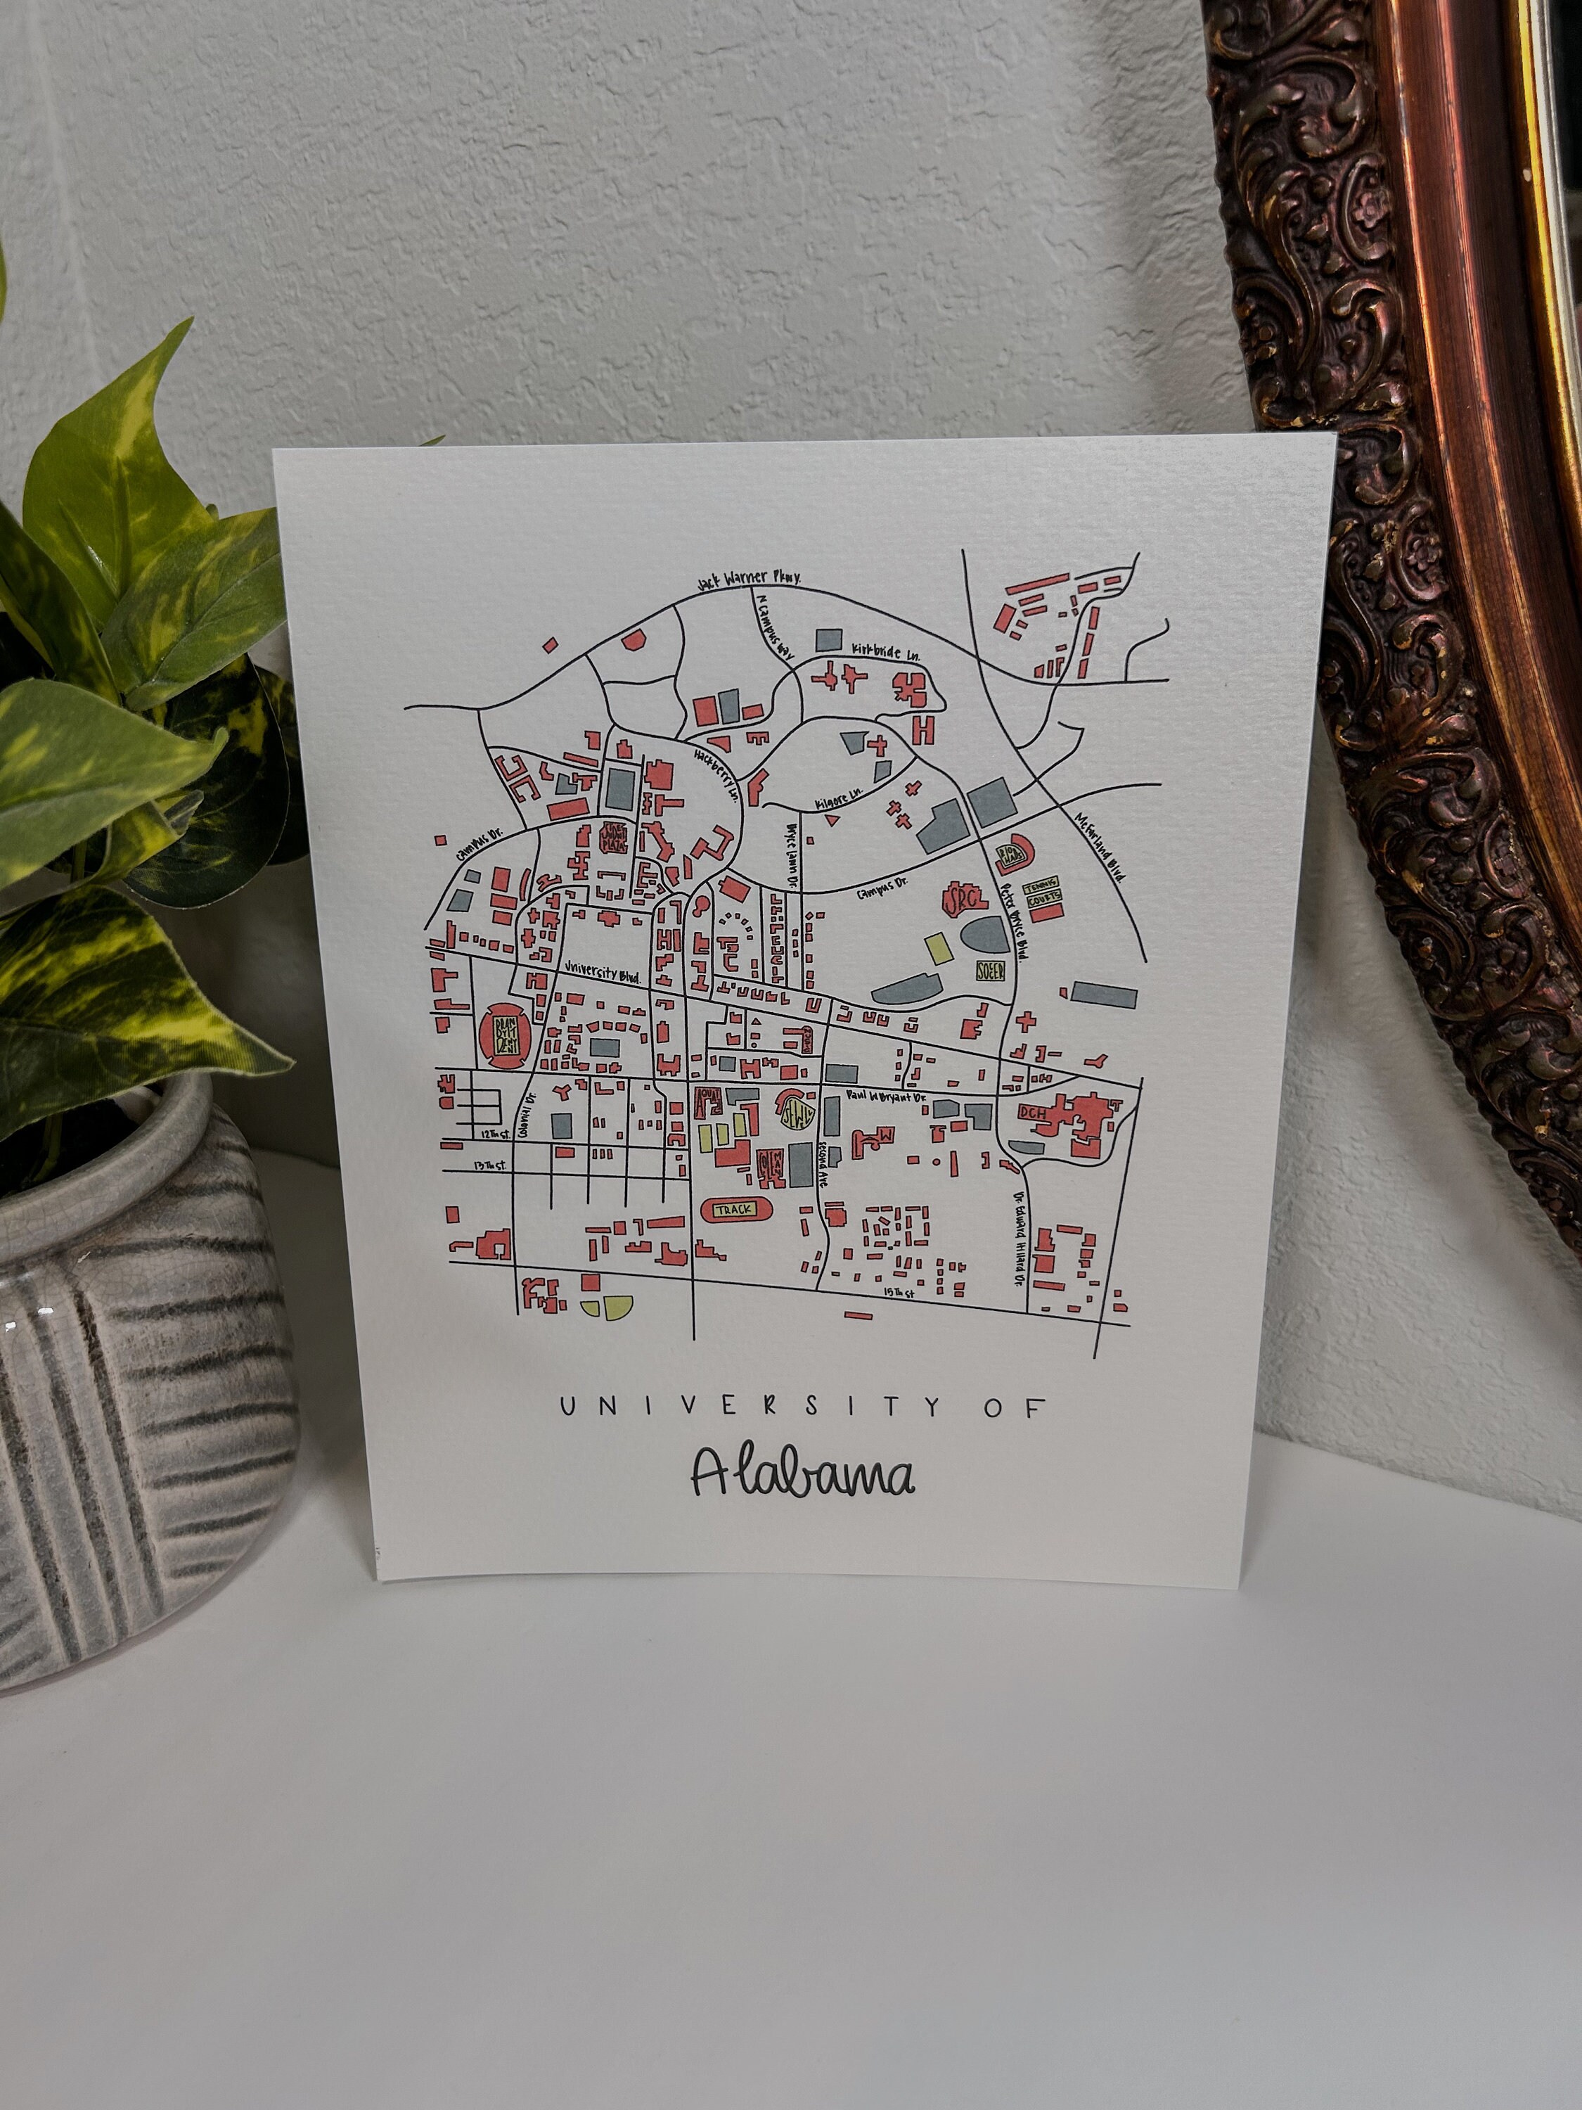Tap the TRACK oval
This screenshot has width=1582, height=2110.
point(733,1210)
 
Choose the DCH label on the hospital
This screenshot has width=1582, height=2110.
point(1031,1112)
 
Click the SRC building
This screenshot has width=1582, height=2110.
point(959,897)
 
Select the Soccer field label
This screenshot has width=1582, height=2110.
point(988,972)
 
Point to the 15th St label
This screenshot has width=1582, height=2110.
point(899,1293)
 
